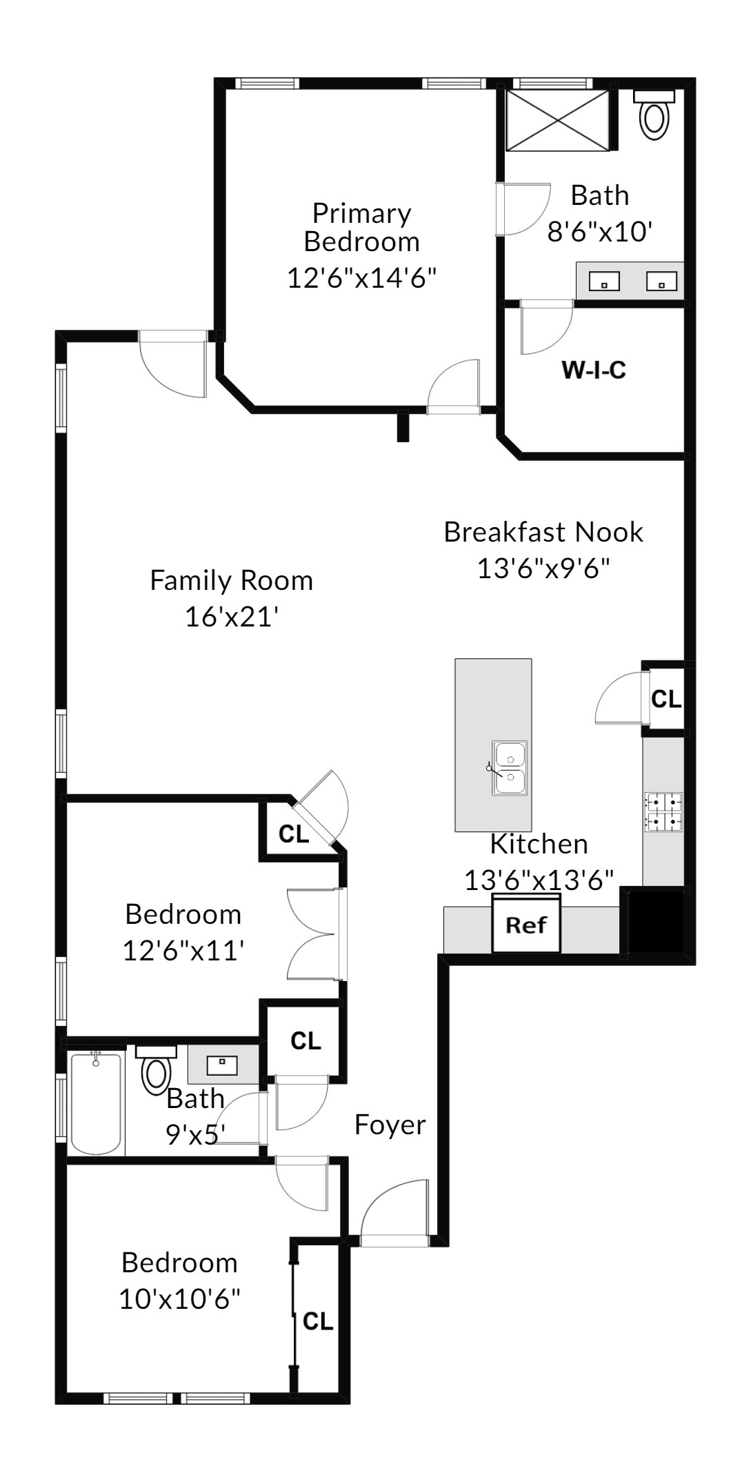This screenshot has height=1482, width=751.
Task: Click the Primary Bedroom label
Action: (362, 228)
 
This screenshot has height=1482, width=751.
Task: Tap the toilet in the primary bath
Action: (654, 114)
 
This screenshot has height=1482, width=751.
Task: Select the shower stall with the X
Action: (558, 119)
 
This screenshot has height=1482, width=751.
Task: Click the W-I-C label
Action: (594, 370)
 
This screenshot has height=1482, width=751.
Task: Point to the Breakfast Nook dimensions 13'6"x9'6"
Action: (544, 569)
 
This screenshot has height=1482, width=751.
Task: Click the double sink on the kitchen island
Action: (509, 768)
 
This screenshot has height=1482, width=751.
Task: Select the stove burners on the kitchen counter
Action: (663, 811)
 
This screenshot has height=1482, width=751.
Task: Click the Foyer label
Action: (390, 1125)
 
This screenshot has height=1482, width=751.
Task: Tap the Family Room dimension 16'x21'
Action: (232, 617)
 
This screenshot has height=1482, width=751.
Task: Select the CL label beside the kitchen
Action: (666, 699)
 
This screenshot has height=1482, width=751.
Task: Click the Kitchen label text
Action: (539, 844)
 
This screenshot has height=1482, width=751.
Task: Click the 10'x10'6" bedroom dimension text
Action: (180, 1300)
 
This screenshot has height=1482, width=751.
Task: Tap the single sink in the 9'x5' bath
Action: (222, 1064)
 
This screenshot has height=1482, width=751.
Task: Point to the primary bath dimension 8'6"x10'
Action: (600, 231)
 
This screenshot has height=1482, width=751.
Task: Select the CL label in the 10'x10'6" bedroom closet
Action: (318, 1321)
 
